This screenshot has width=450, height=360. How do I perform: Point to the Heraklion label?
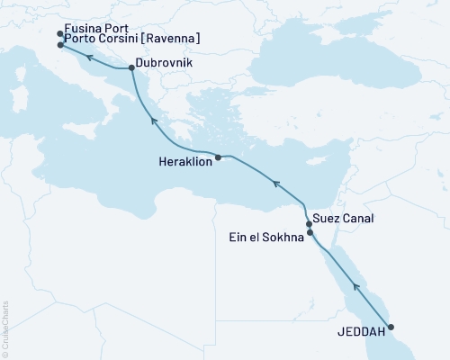[x=184, y=163]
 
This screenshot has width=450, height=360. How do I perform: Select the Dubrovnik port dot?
[x=131, y=67]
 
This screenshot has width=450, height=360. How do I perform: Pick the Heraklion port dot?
[x=218, y=157]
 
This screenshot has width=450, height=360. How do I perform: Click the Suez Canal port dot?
[x=309, y=223]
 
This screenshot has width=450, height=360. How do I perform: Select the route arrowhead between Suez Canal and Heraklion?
[x=276, y=184]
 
